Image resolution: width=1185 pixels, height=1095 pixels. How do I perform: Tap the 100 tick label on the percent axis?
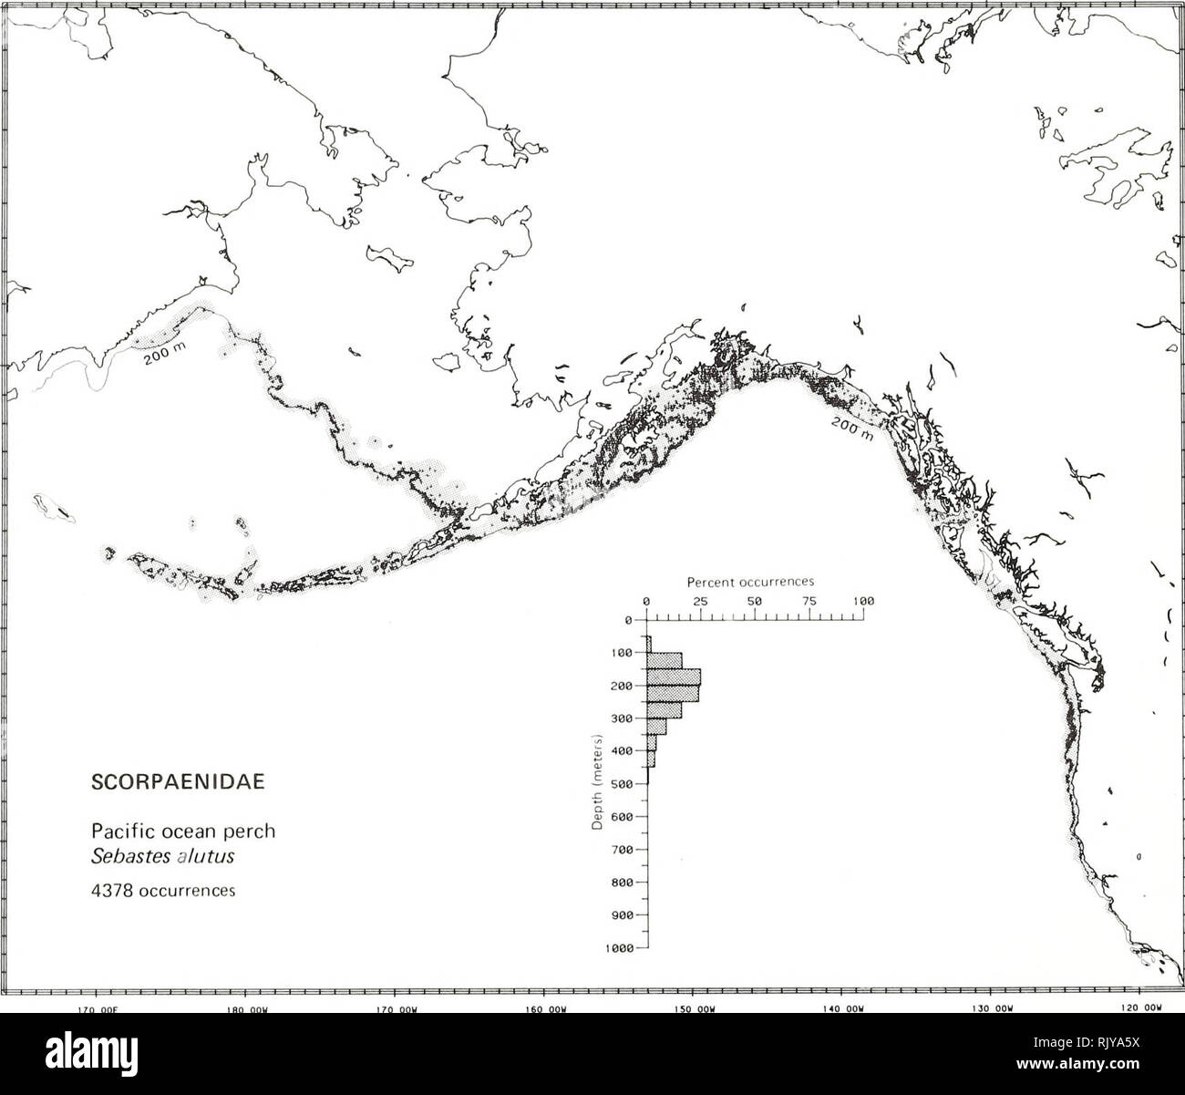click(x=863, y=601)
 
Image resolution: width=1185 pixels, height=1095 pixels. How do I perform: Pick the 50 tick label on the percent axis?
click(x=755, y=601)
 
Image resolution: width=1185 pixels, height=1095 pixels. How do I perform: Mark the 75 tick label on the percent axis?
click(x=809, y=601)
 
